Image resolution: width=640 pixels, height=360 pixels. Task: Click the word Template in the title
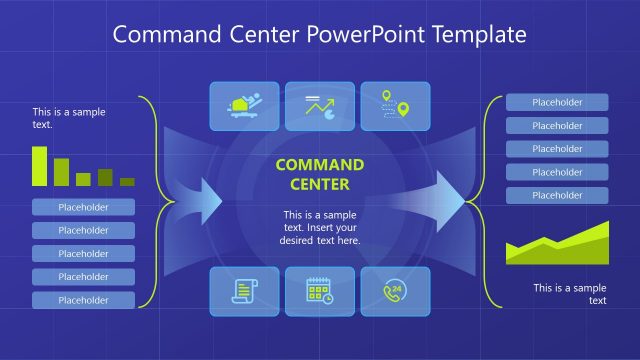tap(476, 35)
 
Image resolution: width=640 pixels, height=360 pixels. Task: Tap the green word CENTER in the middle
tap(320, 184)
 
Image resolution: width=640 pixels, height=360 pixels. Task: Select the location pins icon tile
tap(395, 106)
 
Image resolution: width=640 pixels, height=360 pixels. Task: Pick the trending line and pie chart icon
tap(320, 106)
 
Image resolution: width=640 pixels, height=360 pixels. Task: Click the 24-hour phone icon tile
tap(395, 291)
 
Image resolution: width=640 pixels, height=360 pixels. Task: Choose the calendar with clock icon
tap(320, 291)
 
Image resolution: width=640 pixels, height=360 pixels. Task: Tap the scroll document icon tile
tap(244, 291)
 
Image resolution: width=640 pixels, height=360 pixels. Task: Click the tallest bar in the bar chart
tap(40, 166)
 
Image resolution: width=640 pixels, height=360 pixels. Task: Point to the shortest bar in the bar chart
tap(127, 182)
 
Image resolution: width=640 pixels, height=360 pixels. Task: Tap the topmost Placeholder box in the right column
tap(557, 102)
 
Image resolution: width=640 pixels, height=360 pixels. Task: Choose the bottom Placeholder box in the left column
tap(83, 300)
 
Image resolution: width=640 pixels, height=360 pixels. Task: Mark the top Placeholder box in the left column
tap(83, 208)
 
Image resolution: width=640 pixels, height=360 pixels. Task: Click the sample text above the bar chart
tap(69, 118)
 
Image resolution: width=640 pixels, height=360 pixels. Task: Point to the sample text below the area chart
tap(569, 294)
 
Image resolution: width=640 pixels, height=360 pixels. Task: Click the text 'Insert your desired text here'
tap(320, 234)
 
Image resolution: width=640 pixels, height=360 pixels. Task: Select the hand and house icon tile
tap(244, 106)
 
